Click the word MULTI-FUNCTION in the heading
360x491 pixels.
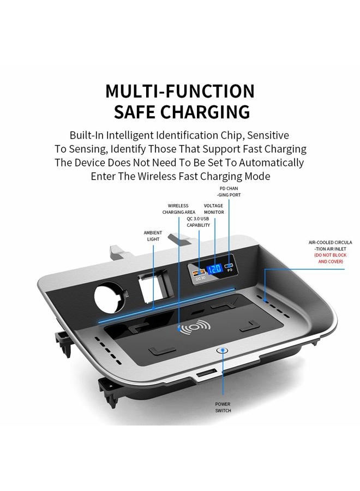tap(180, 91)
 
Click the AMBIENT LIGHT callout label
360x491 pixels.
tap(153, 236)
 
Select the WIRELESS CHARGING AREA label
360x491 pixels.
tap(178, 209)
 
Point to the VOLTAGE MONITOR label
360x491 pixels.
tap(214, 209)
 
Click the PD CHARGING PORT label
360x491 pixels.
tap(229, 191)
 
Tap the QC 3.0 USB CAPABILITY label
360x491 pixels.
tap(198, 221)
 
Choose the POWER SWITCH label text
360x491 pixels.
tap(223, 407)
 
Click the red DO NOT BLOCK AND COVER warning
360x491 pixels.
tap(330, 258)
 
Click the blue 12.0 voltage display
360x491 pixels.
tap(215, 268)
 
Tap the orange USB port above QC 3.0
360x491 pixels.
tap(200, 271)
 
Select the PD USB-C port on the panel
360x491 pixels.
tap(230, 265)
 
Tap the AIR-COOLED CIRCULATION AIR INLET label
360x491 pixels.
tap(330, 245)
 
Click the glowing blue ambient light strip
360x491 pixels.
tap(166, 304)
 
